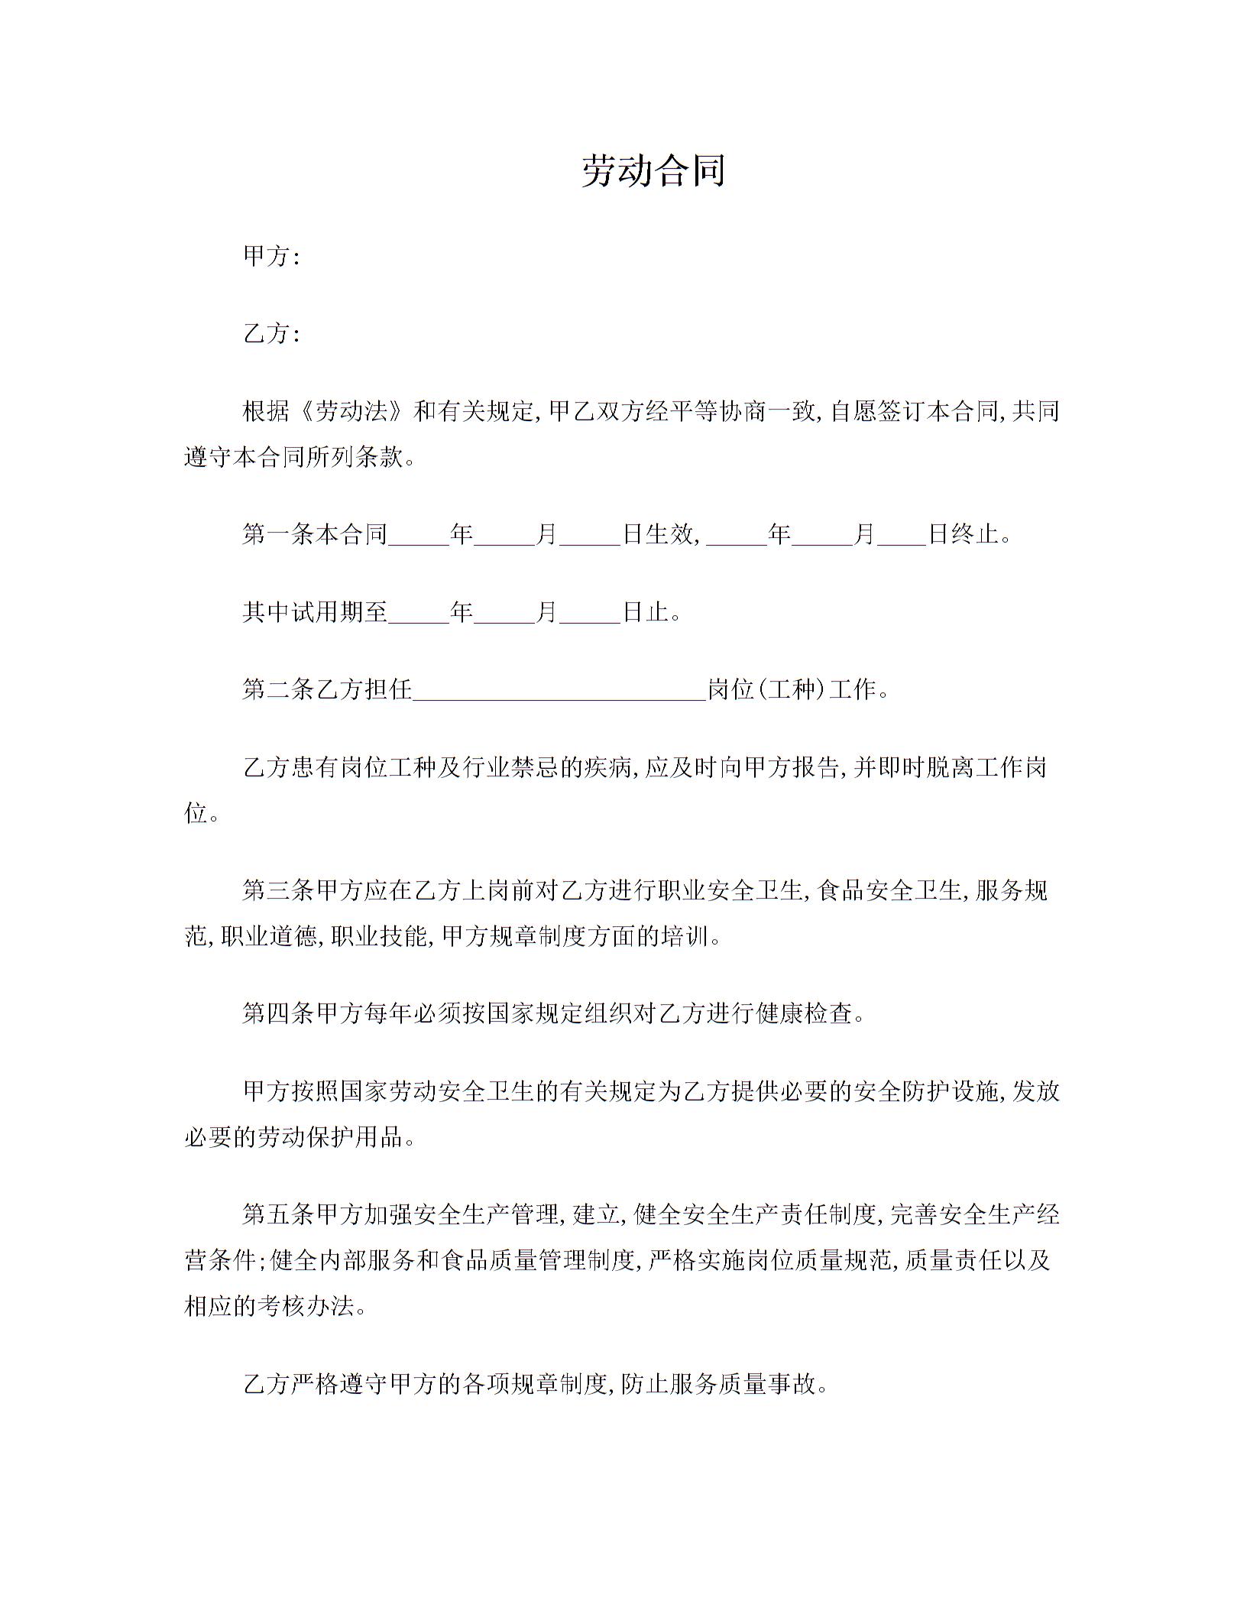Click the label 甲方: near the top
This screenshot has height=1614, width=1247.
pos(270,257)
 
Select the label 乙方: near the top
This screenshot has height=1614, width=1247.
pos(270,334)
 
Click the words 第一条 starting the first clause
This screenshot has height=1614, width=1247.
pos(278,533)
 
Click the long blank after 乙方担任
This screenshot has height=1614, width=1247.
pos(559,690)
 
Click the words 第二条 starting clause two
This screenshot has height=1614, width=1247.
pos(278,690)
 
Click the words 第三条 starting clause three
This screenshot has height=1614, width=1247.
pos(278,890)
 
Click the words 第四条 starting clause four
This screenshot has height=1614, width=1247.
pos(278,1014)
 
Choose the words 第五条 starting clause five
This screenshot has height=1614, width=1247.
pos(278,1214)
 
